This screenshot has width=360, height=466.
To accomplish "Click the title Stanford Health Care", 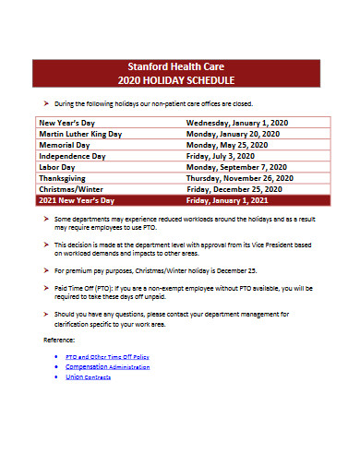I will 180,66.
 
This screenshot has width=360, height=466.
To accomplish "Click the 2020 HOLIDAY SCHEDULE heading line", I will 180,79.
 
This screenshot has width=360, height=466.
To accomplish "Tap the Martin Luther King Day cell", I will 79,134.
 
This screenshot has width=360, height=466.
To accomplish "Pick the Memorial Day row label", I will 64,145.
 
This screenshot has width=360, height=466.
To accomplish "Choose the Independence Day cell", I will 72,156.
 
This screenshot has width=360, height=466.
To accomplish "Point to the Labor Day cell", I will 57,167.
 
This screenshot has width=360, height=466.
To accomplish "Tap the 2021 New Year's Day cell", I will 76,199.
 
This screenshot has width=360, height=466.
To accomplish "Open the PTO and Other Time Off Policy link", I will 107,355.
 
